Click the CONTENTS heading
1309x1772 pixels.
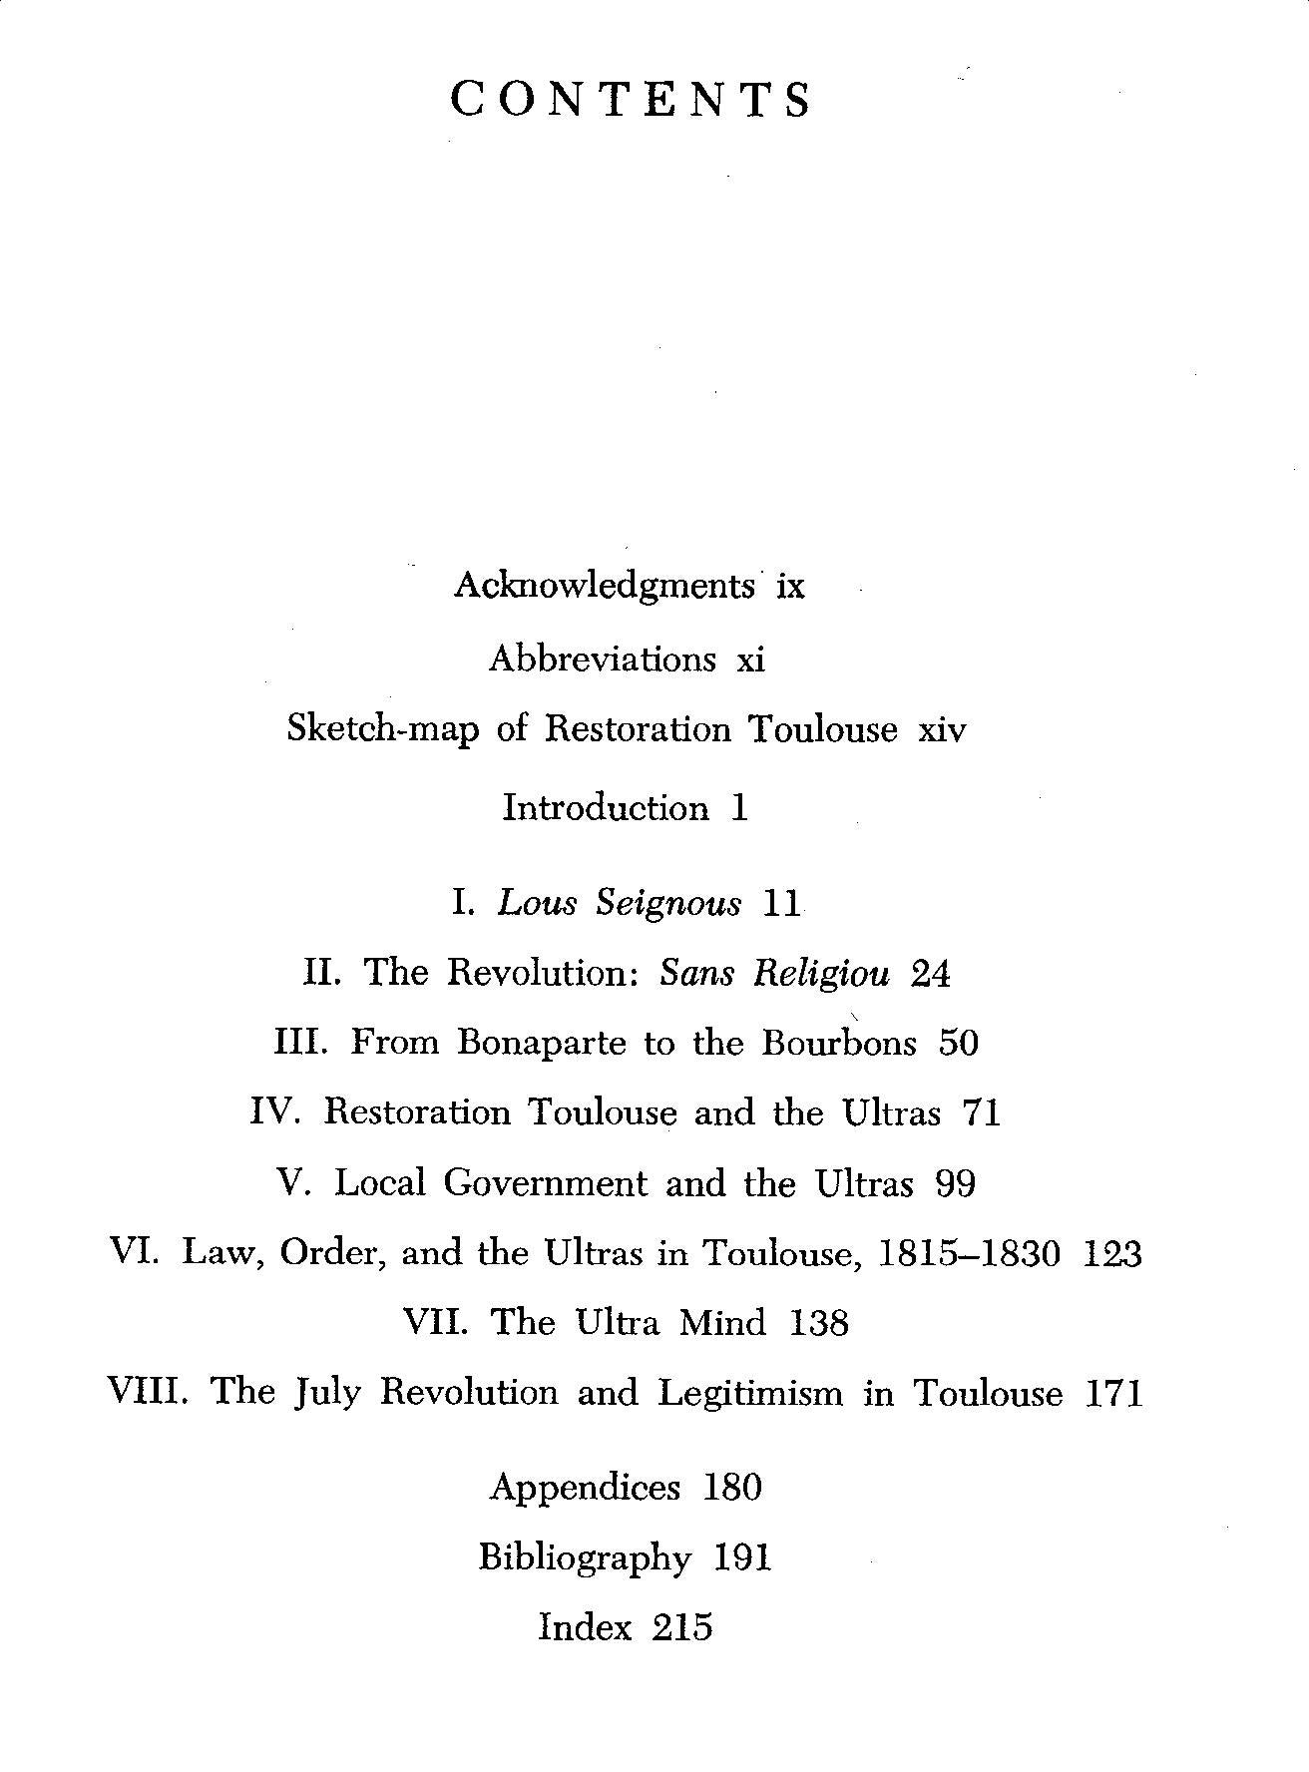pos(632,100)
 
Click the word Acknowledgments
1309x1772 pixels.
pos(604,585)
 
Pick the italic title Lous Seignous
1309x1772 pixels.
pos(620,903)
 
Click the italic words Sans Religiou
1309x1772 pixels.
pos(774,973)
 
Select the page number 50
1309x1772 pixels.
pos(959,1043)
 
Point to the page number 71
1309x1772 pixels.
pos(980,1112)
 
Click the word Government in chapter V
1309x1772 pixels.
pos(545,1183)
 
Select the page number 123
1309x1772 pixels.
pos(1111,1253)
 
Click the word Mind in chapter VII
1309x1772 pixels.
pos(722,1323)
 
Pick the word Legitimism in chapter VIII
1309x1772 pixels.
pos(750,1393)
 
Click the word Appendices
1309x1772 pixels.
pos(585,1488)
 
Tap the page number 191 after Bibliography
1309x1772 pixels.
pos(742,1557)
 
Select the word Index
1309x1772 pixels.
pos(585,1627)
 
